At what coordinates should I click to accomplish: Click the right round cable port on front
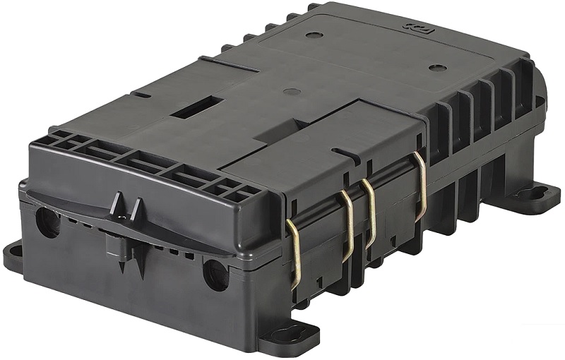215,275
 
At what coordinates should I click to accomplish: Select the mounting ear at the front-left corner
16,255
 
